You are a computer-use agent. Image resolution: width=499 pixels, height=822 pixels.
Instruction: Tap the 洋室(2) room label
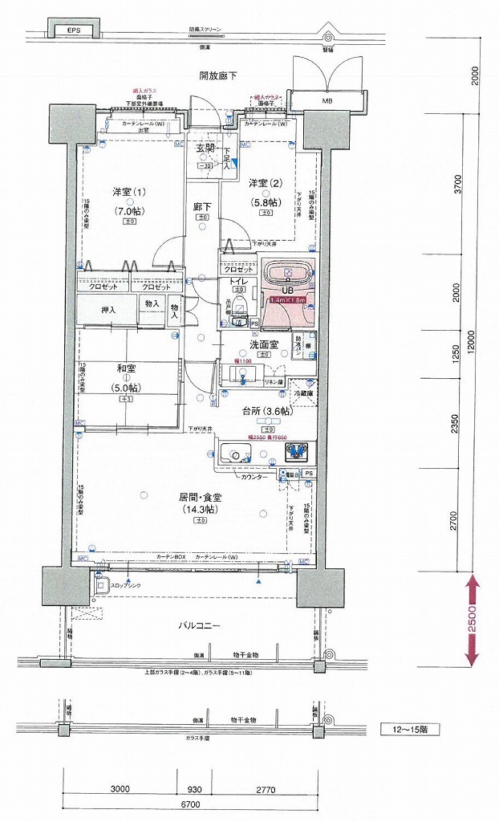(263, 182)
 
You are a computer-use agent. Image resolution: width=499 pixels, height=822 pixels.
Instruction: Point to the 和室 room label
(125, 368)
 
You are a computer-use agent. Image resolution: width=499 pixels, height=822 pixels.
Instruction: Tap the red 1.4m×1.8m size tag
(288, 299)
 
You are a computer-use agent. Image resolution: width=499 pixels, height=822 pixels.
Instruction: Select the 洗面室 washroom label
(263, 344)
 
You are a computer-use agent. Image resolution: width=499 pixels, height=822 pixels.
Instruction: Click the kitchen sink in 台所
(237, 455)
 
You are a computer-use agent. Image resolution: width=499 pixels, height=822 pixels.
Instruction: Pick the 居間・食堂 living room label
(200, 498)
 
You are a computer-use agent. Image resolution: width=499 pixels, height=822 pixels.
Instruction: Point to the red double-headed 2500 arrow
(473, 619)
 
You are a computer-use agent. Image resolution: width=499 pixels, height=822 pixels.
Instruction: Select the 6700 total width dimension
(190, 804)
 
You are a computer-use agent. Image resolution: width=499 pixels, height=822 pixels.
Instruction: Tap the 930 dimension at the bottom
(194, 789)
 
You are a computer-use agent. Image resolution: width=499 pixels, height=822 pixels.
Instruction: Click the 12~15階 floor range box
(408, 730)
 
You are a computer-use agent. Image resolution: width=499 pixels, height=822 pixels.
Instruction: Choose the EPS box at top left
(74, 31)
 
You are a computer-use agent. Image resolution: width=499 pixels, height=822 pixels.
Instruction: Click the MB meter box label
(327, 102)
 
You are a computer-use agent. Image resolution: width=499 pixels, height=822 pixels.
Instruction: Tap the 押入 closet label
(108, 309)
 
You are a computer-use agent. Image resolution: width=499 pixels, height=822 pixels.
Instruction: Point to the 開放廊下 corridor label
(218, 75)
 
